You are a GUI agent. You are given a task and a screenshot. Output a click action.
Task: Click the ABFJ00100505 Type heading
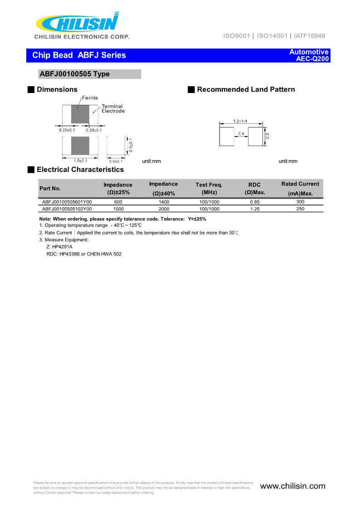pyautogui.click(x=75, y=74)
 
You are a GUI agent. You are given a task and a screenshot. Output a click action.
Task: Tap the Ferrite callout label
pyautogui.click(x=90, y=98)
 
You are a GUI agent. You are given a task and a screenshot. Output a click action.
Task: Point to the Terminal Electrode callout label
pyautogui.click(x=112, y=108)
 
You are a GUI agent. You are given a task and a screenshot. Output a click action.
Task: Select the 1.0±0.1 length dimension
pyautogui.click(x=81, y=161)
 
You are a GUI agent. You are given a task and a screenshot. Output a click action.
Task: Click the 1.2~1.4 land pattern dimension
pyautogui.click(x=240, y=121)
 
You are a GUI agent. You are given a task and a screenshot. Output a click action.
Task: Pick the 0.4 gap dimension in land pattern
pyautogui.click(x=241, y=133)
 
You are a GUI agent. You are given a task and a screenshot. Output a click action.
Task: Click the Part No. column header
pyautogui.click(x=50, y=188)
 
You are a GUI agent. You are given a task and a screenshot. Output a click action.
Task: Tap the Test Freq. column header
pyautogui.click(x=209, y=188)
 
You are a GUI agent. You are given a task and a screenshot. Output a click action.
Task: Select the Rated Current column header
pyautogui.click(x=300, y=184)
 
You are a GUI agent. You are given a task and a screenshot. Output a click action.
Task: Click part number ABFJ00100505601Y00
pyautogui.click(x=67, y=202)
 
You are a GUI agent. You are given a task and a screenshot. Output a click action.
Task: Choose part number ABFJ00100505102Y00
pyautogui.click(x=67, y=209)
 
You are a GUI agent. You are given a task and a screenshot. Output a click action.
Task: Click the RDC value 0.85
pyautogui.click(x=255, y=202)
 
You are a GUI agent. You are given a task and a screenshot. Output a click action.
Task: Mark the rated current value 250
pyautogui.click(x=300, y=209)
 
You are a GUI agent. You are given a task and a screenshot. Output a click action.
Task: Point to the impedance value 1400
pyautogui.click(x=163, y=202)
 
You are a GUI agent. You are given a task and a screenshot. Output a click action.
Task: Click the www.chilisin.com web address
pyautogui.click(x=292, y=486)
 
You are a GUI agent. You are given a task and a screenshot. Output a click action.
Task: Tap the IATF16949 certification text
pyautogui.click(x=309, y=36)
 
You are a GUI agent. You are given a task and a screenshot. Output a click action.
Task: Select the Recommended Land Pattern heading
pyautogui.click(x=246, y=89)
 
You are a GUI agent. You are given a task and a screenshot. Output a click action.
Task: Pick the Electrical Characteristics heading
pyautogui.click(x=80, y=170)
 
